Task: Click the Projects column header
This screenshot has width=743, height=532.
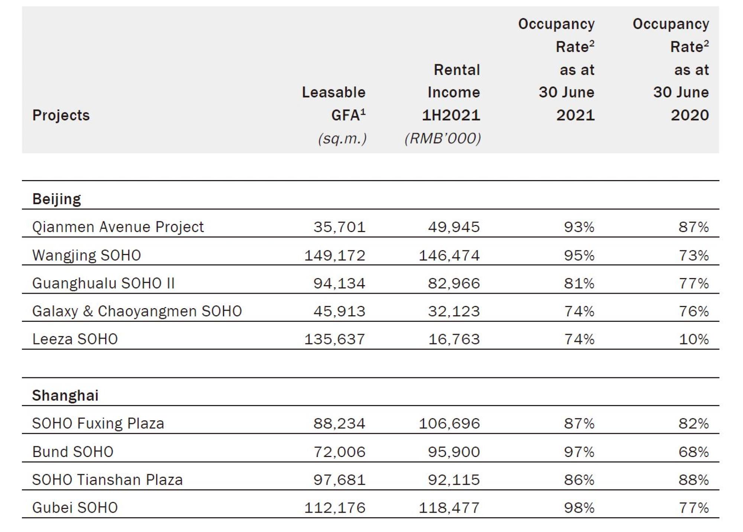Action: (x=61, y=115)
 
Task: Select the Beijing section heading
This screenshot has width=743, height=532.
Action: (x=56, y=199)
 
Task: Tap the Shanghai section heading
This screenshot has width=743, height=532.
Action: (x=65, y=395)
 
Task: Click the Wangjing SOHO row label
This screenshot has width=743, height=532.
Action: (x=87, y=255)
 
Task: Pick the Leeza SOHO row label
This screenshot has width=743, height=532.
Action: (x=75, y=339)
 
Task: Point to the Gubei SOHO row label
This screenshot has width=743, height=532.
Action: (x=75, y=507)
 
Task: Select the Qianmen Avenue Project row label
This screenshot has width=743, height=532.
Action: (x=118, y=227)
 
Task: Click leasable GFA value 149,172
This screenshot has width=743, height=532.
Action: (x=335, y=255)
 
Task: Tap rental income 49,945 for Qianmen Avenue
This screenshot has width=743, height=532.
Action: (x=454, y=227)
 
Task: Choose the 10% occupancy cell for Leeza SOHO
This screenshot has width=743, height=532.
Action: (x=694, y=339)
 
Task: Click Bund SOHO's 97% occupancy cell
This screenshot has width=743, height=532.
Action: (x=579, y=452)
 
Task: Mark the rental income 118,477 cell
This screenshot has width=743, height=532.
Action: (x=449, y=507)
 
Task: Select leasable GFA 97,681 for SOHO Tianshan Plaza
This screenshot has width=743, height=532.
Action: (x=339, y=480)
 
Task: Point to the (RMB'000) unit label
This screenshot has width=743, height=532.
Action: (x=443, y=138)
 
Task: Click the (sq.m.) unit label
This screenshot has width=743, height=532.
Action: (x=342, y=138)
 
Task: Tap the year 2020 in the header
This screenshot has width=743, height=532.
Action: (x=690, y=115)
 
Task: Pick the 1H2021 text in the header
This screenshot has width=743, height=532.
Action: (x=451, y=115)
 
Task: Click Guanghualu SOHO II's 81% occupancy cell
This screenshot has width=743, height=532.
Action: (x=579, y=283)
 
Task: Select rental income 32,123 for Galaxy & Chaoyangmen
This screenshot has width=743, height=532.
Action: (x=454, y=311)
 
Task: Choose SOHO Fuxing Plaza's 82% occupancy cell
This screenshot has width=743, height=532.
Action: (x=694, y=423)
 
